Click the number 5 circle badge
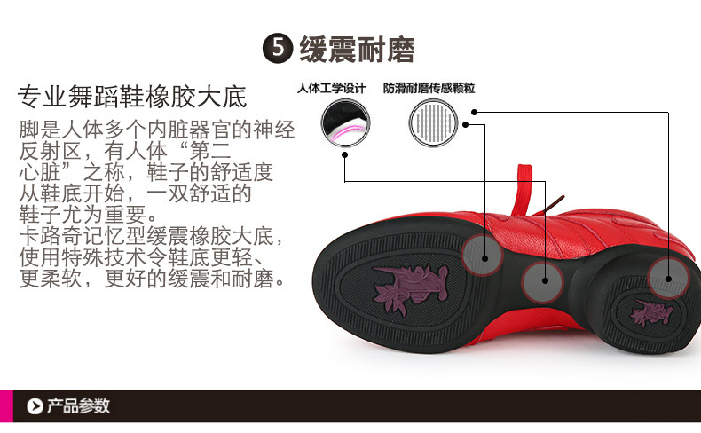pos(279,49)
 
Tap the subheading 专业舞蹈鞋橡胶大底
pos(132,96)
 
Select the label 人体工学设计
pos(331,89)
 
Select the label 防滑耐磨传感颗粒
pos(429,89)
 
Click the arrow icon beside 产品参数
pos(35,406)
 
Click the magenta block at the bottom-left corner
pos(6,406)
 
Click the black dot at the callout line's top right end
pos(475,112)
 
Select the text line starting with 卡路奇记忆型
pos(152,237)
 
